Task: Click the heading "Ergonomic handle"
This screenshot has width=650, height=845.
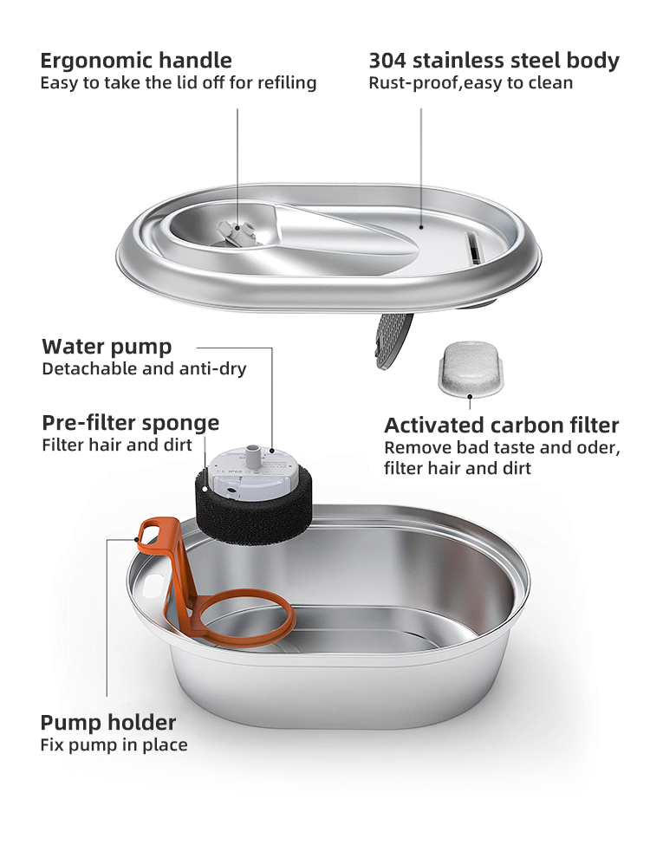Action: (x=136, y=61)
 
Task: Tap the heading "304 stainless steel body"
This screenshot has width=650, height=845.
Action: (x=494, y=61)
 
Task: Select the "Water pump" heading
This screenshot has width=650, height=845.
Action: (x=107, y=347)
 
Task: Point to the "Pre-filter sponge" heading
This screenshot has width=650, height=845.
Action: (x=130, y=423)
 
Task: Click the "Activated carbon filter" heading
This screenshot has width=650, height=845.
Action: (x=501, y=426)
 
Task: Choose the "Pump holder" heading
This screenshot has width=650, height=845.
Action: (x=108, y=722)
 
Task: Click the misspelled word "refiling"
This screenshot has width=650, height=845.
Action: (x=289, y=83)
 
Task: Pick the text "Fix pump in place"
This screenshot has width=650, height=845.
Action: (x=114, y=744)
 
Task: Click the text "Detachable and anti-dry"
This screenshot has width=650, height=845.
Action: (x=144, y=369)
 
